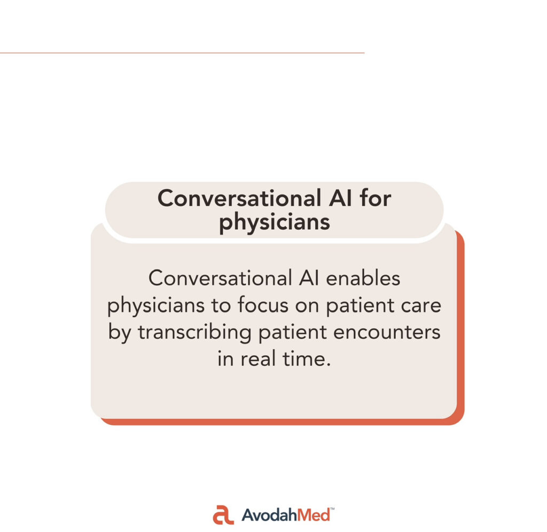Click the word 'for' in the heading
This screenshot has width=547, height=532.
point(376,198)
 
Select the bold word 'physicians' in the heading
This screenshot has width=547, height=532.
point(274,223)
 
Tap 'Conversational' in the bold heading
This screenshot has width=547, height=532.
point(239,198)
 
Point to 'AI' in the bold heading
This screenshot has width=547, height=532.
point(340,198)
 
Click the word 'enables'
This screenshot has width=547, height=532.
point(363,278)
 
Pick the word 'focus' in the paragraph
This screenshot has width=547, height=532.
point(263,305)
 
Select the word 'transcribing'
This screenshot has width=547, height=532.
point(194,332)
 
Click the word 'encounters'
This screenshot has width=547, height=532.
point(387,332)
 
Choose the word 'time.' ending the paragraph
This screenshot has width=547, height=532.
point(306,358)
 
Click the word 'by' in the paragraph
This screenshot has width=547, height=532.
point(119,332)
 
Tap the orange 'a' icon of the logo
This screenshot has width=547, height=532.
point(223,514)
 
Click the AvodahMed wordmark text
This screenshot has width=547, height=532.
point(286,515)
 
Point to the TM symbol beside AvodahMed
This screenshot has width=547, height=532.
point(332,509)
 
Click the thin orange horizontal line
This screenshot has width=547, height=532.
point(182,53)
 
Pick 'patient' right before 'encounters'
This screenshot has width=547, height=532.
point(292,332)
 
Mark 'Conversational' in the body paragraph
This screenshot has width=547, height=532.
point(220,278)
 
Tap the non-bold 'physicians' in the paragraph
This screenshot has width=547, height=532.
point(155,306)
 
